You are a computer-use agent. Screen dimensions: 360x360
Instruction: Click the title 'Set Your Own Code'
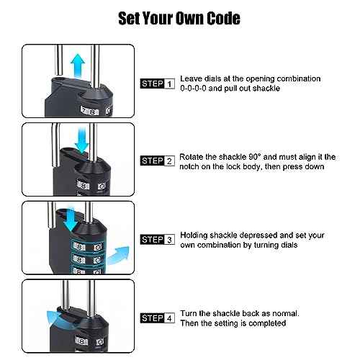(179, 18)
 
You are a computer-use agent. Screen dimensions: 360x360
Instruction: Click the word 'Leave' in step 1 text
(191, 78)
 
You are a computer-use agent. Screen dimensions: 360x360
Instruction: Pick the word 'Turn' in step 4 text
(189, 313)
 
